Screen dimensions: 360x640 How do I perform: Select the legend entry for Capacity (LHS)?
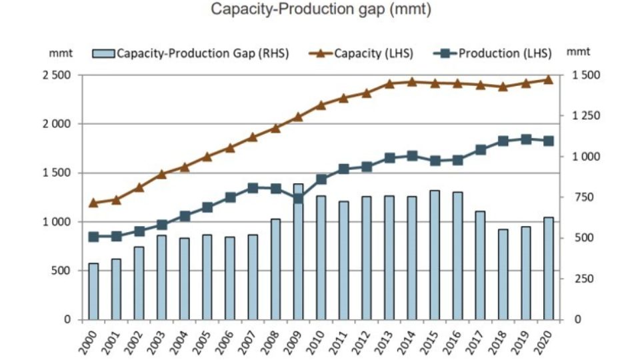(365, 53)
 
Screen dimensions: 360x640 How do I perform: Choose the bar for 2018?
(503, 274)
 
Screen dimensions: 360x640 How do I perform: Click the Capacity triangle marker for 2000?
(93, 203)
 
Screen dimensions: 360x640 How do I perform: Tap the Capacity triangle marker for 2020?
(548, 79)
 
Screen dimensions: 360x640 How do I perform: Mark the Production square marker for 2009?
(298, 199)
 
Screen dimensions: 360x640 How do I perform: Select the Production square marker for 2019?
(526, 139)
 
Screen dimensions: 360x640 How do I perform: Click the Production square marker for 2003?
(162, 225)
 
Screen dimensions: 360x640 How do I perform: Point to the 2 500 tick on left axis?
(58, 75)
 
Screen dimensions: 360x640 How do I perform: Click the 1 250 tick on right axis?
(586, 116)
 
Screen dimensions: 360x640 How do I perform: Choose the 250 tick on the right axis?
(582, 279)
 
